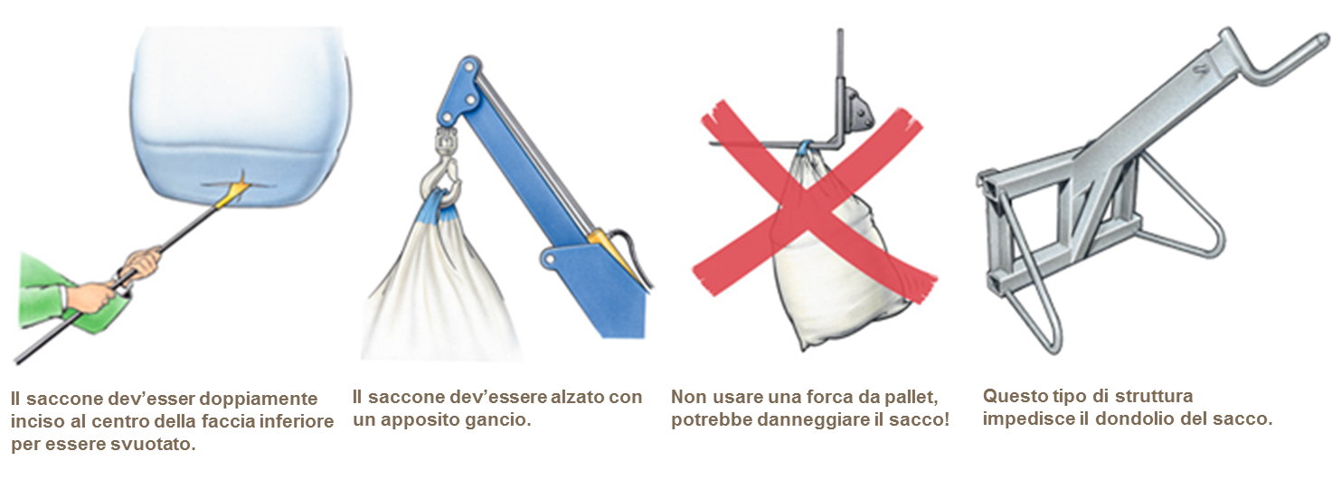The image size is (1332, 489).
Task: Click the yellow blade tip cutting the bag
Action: (233, 189)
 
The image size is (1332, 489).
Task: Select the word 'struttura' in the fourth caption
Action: (1154, 396)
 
